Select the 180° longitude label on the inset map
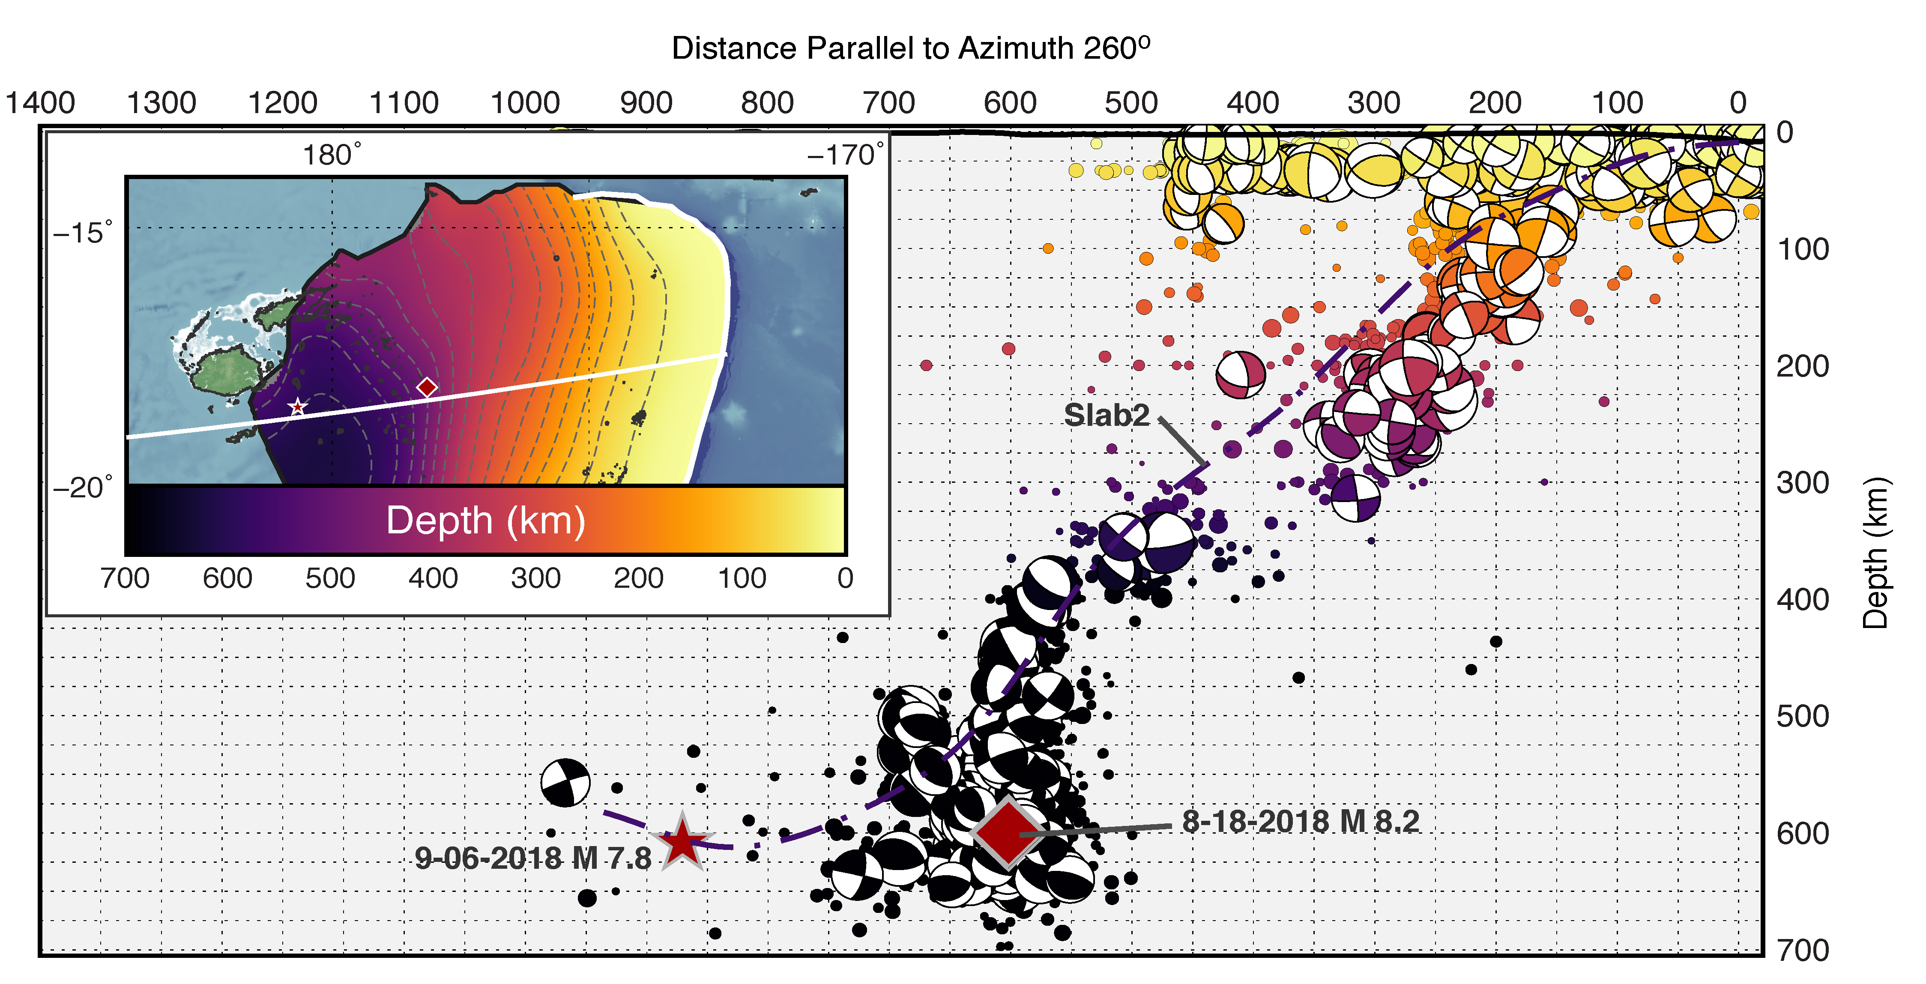[331, 156]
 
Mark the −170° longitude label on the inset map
[845, 156]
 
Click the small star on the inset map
[298, 407]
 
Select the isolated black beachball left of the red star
[565, 783]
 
